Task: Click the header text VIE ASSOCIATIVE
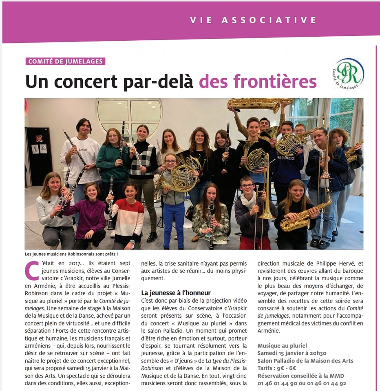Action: [x=253, y=20]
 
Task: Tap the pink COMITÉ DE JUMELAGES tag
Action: [x=65, y=62]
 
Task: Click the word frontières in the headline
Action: [x=258, y=81]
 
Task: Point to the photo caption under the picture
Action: [x=71, y=255]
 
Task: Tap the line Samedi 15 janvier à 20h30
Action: [x=292, y=353]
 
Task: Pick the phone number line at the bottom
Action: [x=302, y=383]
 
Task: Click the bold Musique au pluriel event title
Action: [x=282, y=346]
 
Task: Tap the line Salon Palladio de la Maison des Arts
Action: [x=305, y=361]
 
